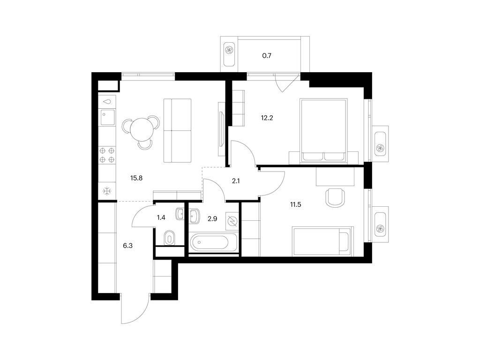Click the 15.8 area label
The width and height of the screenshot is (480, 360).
[x=136, y=178]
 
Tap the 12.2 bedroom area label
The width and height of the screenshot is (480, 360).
[x=267, y=118]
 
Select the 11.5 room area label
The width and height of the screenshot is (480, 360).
[x=295, y=205]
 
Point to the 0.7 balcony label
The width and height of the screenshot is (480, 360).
[x=267, y=56]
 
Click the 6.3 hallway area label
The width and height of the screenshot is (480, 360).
[x=127, y=246]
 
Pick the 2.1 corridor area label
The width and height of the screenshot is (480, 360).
[x=236, y=181]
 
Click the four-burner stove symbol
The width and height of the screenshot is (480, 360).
[x=107, y=155]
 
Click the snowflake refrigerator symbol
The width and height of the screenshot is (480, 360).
[x=107, y=192]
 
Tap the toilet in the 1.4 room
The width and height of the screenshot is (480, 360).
[x=169, y=238]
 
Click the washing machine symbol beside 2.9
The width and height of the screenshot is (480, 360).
[x=232, y=221]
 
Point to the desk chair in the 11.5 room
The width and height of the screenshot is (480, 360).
[x=335, y=198]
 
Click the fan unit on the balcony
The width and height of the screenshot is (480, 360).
[x=229, y=51]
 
